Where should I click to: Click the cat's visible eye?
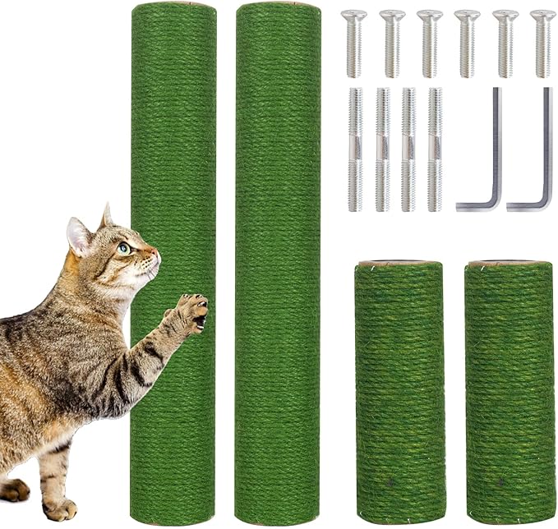click(x=123, y=247)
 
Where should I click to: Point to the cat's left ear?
click(x=79, y=236)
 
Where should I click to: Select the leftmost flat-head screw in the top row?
click(x=353, y=42)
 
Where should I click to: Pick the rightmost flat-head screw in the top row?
click(x=542, y=42)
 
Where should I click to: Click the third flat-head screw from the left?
click(x=429, y=42)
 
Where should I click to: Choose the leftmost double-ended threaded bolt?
click(x=355, y=149)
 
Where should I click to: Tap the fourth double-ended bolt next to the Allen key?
click(x=434, y=149)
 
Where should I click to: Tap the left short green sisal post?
click(x=399, y=394)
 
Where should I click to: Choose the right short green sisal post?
click(x=509, y=394)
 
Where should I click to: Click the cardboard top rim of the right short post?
click(x=509, y=264)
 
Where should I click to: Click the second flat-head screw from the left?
click(x=392, y=42)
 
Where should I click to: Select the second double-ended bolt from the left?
click(x=382, y=149)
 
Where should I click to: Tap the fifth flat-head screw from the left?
click(x=505, y=42)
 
